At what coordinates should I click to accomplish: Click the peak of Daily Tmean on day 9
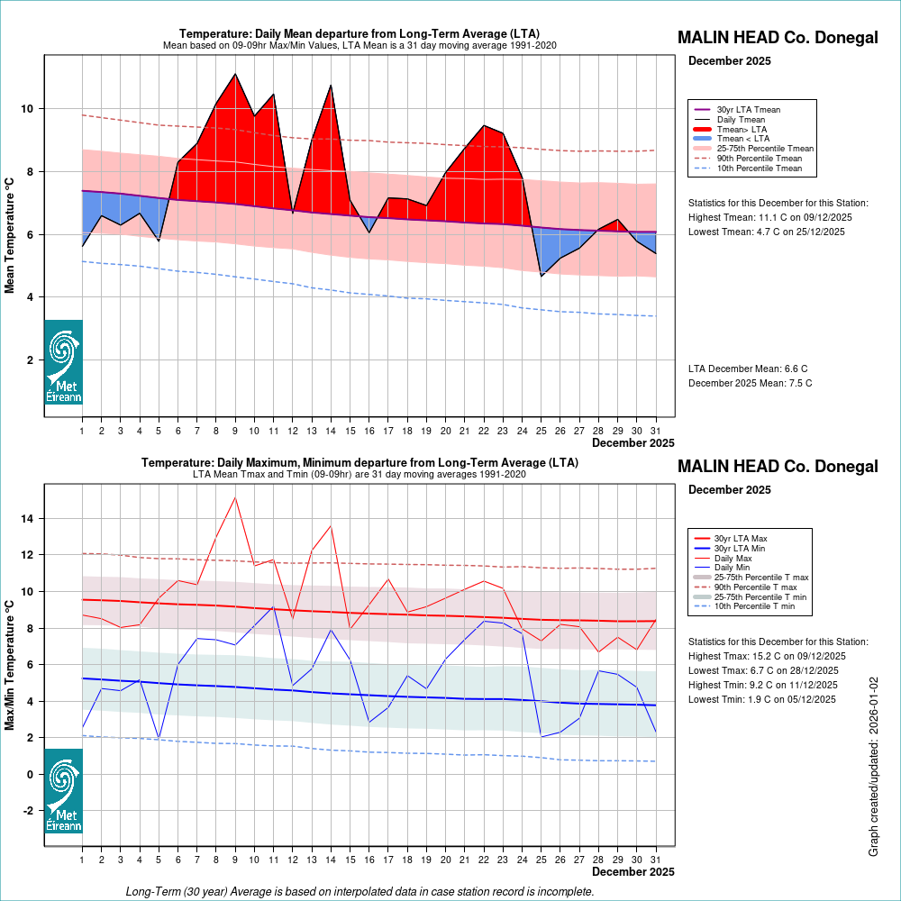tap(235, 74)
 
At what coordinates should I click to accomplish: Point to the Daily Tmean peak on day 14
tap(331, 85)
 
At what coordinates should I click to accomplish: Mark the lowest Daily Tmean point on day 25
tap(542, 275)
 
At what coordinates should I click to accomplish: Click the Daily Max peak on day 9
tap(235, 496)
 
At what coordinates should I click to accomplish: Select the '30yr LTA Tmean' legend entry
tap(748, 109)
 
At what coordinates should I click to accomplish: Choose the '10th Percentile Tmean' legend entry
tap(759, 168)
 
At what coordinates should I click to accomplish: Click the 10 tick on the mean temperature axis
tap(27, 109)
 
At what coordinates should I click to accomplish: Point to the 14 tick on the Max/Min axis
tap(27, 519)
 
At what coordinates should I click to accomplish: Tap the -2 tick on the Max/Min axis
tap(27, 811)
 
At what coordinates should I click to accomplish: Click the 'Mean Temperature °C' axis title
tap(10, 234)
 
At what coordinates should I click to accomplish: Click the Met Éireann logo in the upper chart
tap(63, 361)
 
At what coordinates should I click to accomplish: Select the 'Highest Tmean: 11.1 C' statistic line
tap(769, 217)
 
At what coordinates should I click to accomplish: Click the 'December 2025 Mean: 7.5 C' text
tap(750, 383)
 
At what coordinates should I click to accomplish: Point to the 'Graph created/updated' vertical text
tap(873, 767)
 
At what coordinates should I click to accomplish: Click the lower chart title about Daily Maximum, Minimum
tap(359, 462)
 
